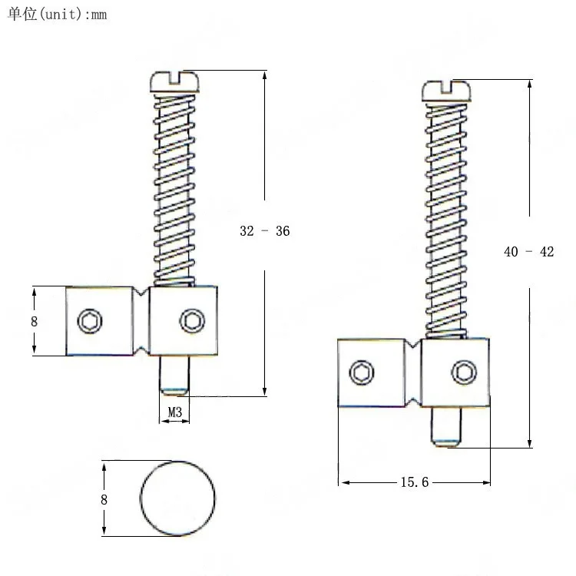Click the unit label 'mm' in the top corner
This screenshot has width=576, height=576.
(x=99, y=15)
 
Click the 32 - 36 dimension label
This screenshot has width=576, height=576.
(x=264, y=231)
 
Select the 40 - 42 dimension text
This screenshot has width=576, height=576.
(x=528, y=252)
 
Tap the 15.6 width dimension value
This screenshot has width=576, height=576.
(x=415, y=482)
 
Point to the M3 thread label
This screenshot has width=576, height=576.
(x=175, y=412)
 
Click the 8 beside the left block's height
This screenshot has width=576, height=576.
(x=34, y=322)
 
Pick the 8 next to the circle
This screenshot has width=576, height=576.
(x=104, y=500)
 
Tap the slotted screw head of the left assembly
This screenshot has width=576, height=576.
(x=174, y=81)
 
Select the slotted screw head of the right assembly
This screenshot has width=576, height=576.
(x=446, y=91)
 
